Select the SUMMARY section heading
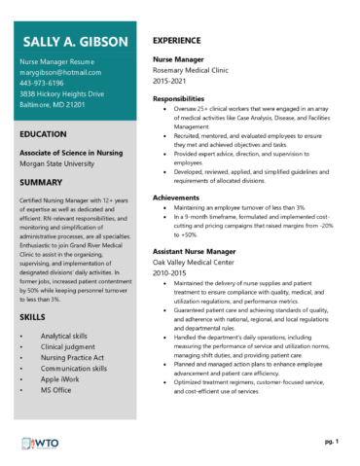44,182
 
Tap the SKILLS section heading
34,317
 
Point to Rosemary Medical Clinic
198,71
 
